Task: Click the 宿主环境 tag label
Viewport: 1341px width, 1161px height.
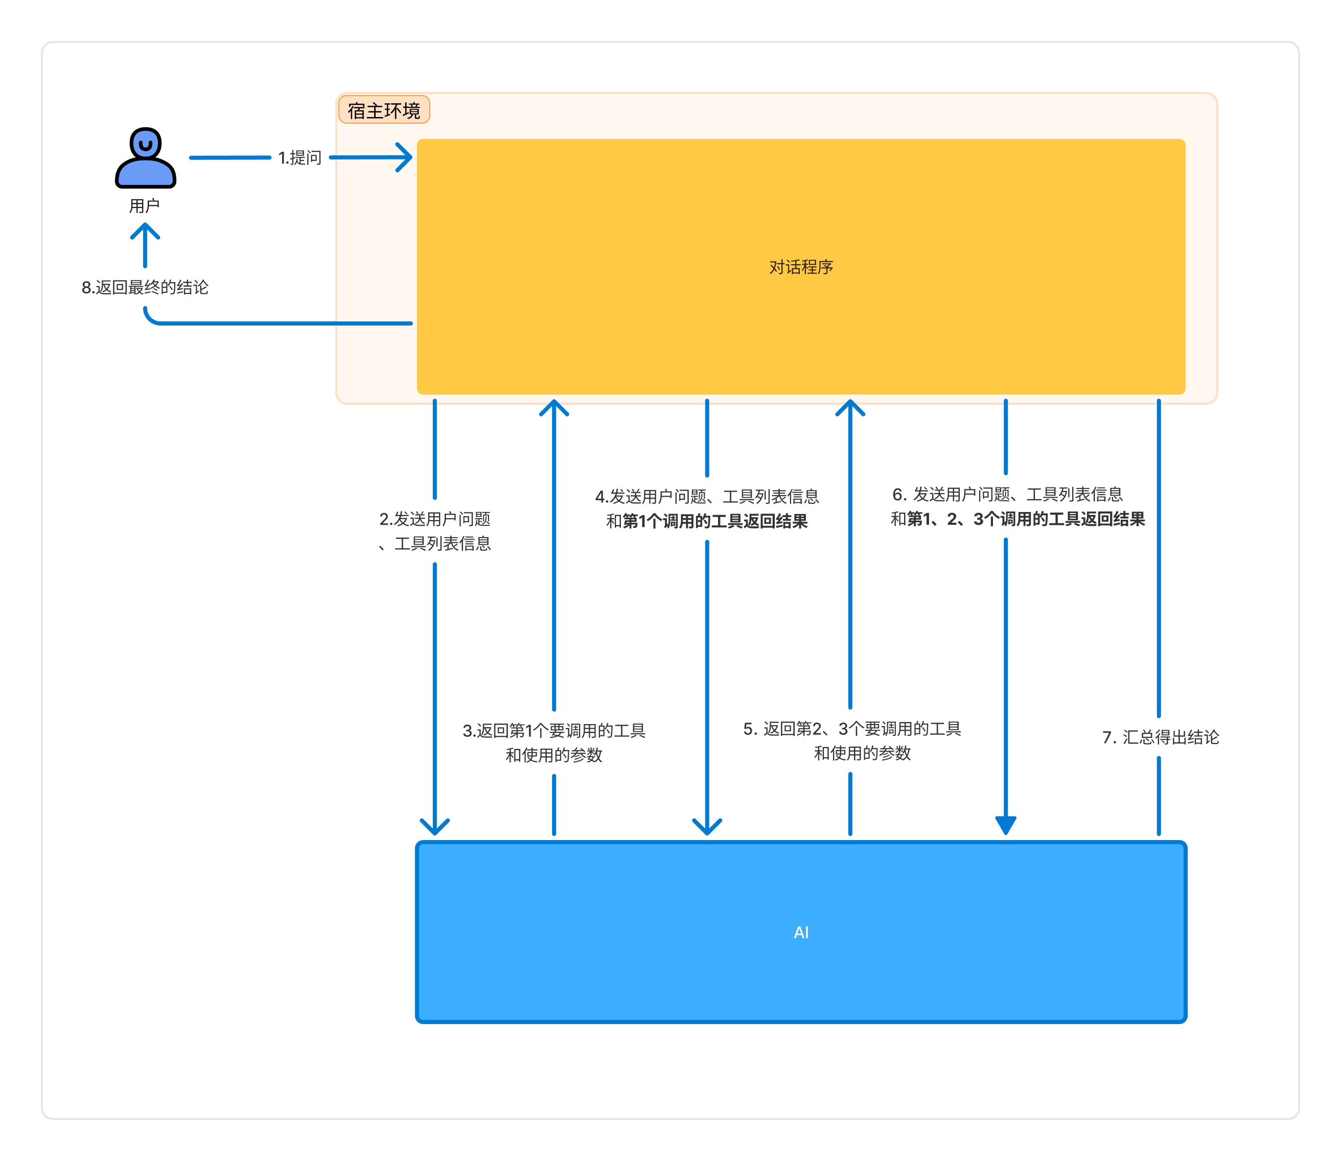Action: [384, 111]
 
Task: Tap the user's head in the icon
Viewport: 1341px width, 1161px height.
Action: [146, 143]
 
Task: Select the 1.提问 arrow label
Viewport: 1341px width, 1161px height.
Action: [300, 157]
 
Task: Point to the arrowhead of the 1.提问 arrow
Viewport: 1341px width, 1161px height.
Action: [406, 157]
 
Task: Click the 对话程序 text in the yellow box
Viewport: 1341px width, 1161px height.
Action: [801, 267]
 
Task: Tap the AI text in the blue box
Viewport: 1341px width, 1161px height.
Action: [801, 932]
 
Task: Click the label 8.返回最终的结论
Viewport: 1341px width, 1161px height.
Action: [145, 287]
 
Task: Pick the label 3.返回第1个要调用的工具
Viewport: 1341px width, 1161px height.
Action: [554, 731]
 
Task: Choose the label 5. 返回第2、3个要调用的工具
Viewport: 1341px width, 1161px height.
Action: [852, 729]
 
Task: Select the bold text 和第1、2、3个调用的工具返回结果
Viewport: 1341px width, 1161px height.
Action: [1018, 519]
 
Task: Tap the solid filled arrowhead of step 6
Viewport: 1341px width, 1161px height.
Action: [1005, 825]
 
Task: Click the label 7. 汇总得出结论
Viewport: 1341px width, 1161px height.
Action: [1160, 737]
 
